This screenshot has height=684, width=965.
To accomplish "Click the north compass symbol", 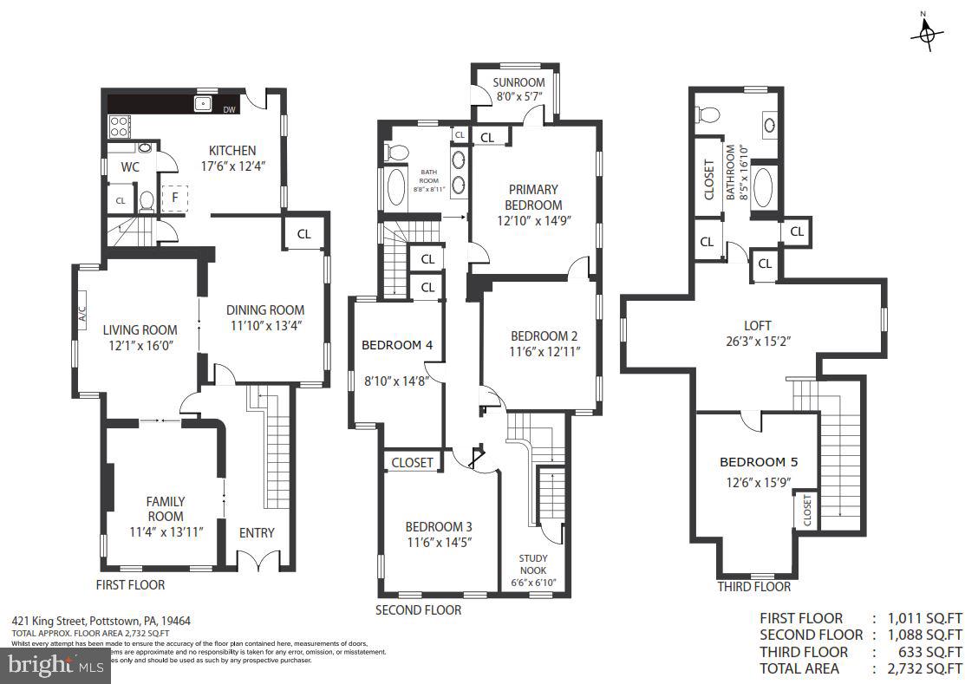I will pos(927,33).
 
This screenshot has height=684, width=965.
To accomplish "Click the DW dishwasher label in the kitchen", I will pos(230,110).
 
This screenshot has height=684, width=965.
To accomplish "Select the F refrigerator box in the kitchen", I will pos(175,197).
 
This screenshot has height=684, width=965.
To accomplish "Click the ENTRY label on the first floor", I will pos(257,532).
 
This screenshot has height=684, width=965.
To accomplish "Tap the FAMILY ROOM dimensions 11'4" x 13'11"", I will pos(165,532).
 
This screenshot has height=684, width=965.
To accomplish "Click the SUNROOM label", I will pos(518,82).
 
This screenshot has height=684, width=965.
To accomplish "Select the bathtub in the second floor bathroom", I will pos(394,186).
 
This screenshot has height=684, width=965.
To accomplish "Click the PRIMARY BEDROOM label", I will pos(534,197).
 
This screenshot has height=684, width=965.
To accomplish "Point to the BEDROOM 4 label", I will pos(396,345).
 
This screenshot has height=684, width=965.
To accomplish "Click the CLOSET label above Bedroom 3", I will pos(412,462).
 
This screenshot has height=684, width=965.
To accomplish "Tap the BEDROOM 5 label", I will pos(758,462).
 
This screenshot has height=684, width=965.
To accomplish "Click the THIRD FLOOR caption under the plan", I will pos(753,587).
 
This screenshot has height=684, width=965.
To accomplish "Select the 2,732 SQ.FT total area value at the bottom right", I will pos(924,668).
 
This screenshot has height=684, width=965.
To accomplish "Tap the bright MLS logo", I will pos(54,666).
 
